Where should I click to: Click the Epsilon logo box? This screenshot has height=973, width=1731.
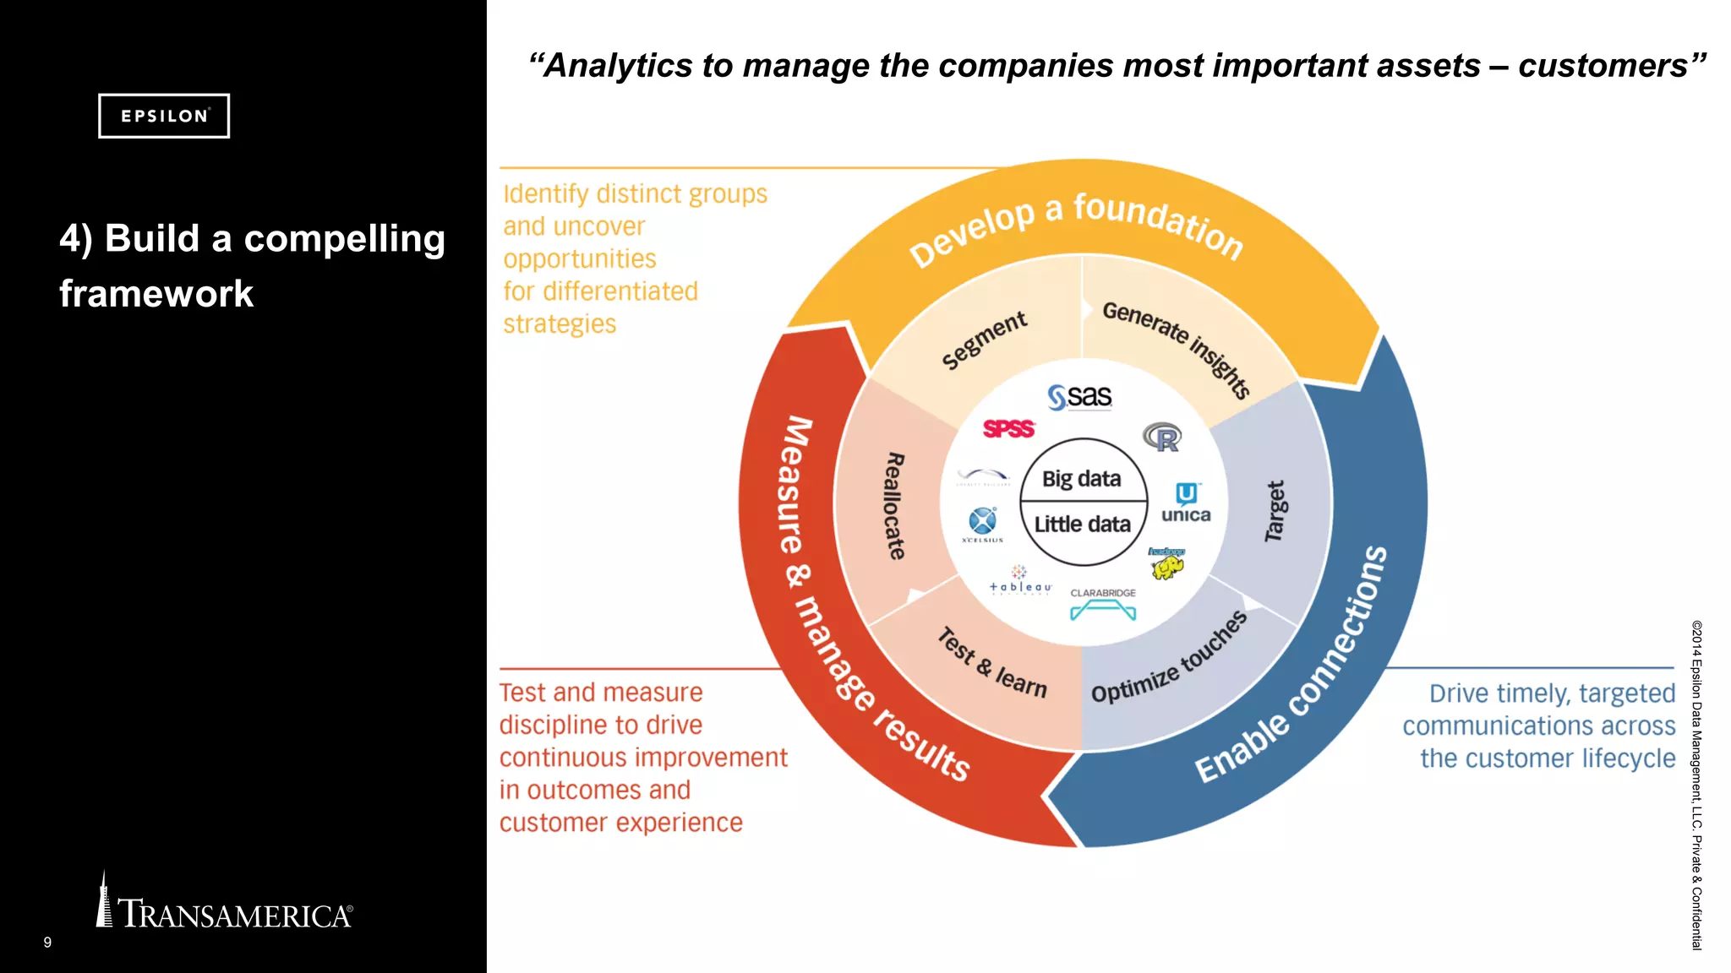(164, 116)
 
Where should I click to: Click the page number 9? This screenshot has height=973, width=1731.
(47, 943)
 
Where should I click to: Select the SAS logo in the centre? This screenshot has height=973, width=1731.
(1080, 397)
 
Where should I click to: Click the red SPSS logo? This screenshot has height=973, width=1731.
(1008, 429)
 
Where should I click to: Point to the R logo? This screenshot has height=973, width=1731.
(1162, 437)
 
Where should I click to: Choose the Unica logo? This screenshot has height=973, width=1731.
(1186, 503)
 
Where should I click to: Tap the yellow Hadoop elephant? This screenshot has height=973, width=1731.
(1166, 563)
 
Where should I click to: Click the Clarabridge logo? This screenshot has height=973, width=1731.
(1103, 605)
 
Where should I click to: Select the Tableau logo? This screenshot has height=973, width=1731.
(1020, 581)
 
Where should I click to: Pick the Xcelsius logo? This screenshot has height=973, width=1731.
(982, 524)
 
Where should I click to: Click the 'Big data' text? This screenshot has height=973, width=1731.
(1081, 479)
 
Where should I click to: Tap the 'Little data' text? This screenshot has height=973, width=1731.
(1082, 525)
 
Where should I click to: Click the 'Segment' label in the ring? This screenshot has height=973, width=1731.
(984, 340)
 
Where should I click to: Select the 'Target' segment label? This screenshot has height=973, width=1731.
(1275, 511)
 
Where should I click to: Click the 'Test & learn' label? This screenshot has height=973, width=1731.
(992, 663)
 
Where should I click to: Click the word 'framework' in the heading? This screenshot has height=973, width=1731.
(156, 294)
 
